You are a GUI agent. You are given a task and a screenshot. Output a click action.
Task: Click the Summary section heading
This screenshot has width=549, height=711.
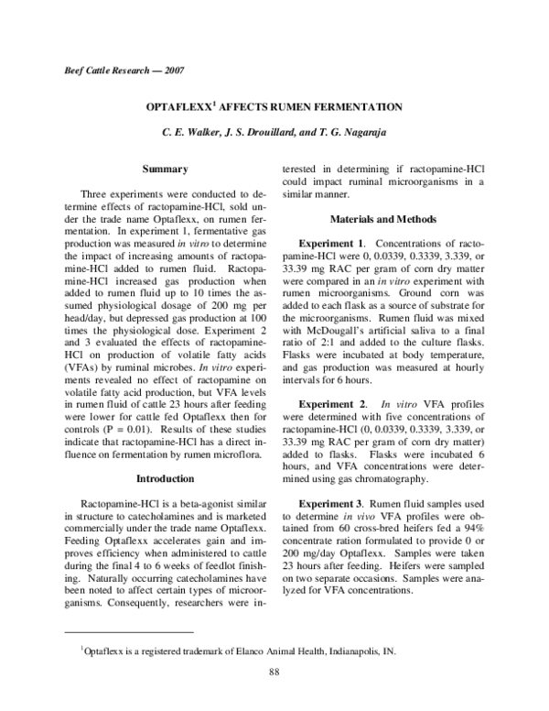pyautogui.click(x=165, y=169)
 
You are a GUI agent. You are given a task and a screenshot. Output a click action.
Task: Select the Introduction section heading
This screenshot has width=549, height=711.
pyautogui.click(x=165, y=478)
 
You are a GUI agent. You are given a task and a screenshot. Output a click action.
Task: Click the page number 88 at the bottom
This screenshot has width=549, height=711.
pyautogui.click(x=274, y=673)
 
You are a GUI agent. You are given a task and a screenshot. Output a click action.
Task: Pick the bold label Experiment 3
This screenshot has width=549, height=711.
pyautogui.click(x=339, y=505)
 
